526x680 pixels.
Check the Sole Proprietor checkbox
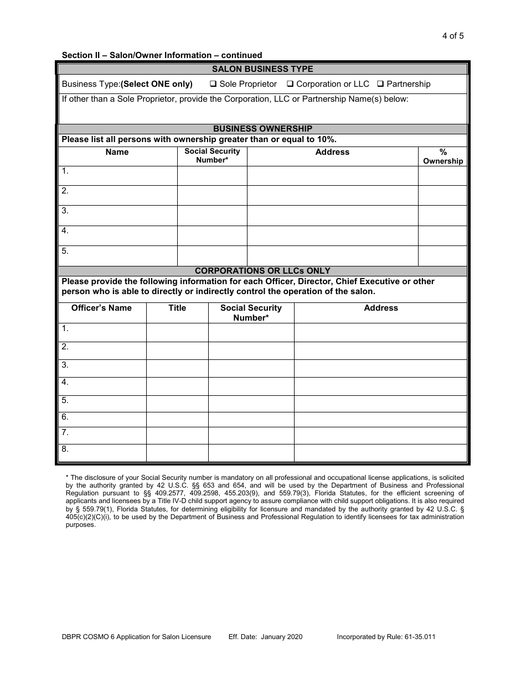(213, 85)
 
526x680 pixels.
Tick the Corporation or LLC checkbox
(290, 85)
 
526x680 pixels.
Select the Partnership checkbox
(380, 85)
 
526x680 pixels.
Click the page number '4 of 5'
(452, 36)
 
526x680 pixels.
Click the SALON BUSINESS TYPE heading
(262, 69)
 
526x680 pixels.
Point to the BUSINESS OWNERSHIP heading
(262, 129)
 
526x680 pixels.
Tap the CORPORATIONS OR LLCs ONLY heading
(262, 271)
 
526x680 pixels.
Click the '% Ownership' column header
(442, 156)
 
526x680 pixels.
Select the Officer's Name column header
(101, 308)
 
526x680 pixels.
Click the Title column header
(177, 308)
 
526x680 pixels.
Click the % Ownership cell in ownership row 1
(442, 176)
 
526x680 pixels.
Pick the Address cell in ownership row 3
(332, 215)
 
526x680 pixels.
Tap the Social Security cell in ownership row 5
(212, 255)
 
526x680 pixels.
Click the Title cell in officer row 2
(177, 351)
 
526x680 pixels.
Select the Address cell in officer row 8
(380, 453)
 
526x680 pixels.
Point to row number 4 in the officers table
(65, 382)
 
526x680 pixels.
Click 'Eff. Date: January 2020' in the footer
(265, 637)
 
